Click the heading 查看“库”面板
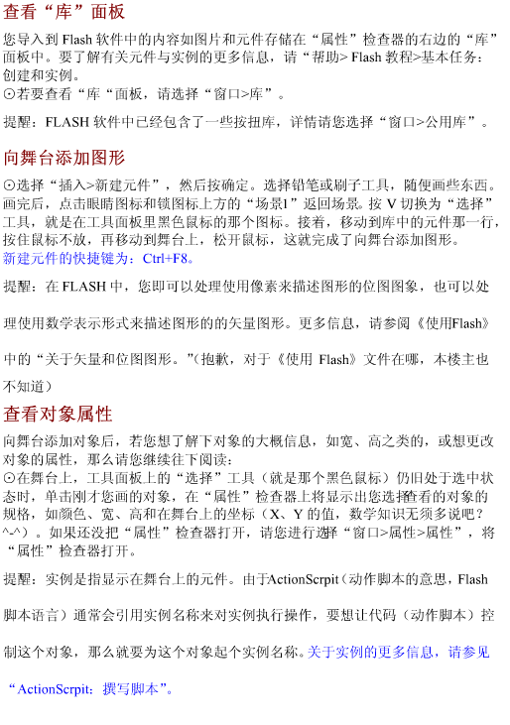coord(64,12)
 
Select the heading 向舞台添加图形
coord(64,158)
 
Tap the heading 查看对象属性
coord(58,414)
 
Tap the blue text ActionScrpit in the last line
coord(54,689)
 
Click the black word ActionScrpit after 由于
coord(304,579)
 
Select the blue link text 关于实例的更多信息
coord(370,653)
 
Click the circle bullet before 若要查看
coord(9,94)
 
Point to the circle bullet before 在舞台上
coord(9,478)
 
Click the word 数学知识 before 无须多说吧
coord(377,514)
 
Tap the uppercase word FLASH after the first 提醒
coord(67,122)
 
